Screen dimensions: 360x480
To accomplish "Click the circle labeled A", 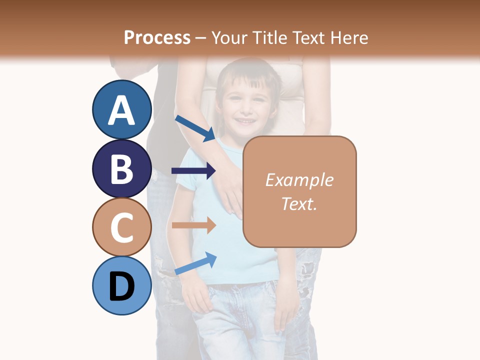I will click(122, 109).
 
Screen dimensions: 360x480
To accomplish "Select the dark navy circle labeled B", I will click(122, 168).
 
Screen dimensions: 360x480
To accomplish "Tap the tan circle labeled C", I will click(122, 227).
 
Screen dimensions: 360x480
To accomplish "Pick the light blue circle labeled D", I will click(122, 285).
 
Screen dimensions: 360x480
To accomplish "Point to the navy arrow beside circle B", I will click(193, 171).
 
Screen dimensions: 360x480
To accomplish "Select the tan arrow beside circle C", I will click(193, 225).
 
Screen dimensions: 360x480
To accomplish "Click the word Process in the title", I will click(157, 37).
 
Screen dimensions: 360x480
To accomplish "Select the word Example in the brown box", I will click(299, 180).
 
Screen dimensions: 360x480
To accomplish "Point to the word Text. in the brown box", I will click(299, 203).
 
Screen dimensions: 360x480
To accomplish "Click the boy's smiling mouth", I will click(245, 121).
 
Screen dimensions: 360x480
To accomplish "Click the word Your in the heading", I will click(229, 37).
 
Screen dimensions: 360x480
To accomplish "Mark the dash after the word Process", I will click(200, 38).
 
